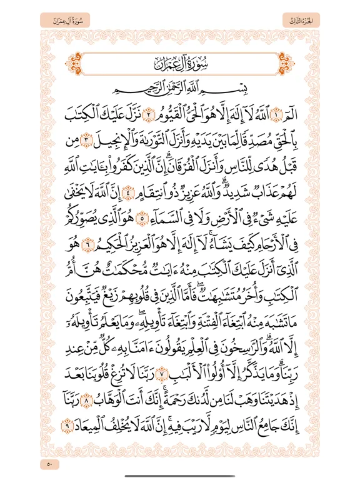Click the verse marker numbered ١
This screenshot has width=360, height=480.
[x=292, y=126]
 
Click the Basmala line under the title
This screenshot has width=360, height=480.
[x=180, y=102]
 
